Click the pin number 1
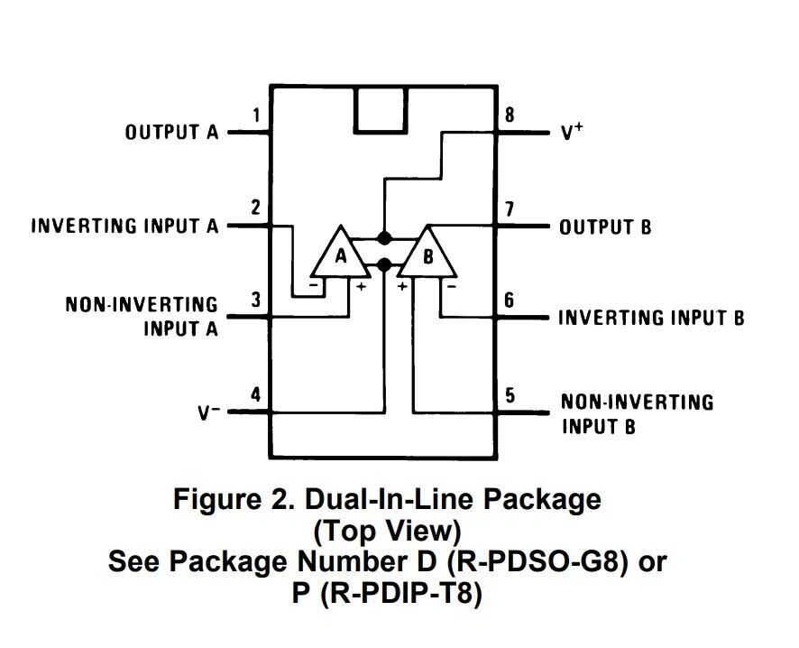[257, 116]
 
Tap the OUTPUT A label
[171, 133]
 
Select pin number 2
[256, 208]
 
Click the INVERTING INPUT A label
[125, 226]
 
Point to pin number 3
[256, 300]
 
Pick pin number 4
[256, 394]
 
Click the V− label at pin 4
[208, 413]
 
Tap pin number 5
[510, 394]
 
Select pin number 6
[510, 300]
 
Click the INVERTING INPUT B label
[651, 318]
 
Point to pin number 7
[510, 208]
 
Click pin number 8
[510, 116]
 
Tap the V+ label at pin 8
[572, 133]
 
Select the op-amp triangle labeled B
[428, 256]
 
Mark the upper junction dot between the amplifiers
[384, 239]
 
